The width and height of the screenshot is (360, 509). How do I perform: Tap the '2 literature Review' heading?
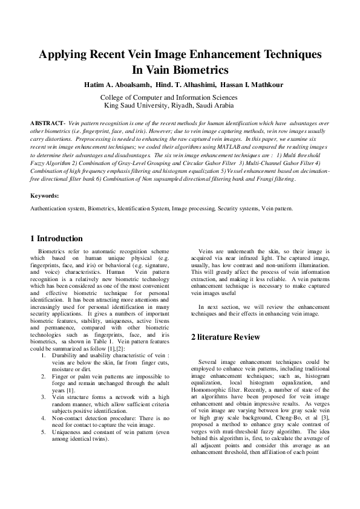pyautogui.click(x=225, y=336)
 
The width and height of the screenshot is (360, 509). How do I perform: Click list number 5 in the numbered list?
pyautogui.click(x=44, y=432)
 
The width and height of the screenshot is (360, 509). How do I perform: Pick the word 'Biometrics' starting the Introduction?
pyautogui.click(x=52, y=250)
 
